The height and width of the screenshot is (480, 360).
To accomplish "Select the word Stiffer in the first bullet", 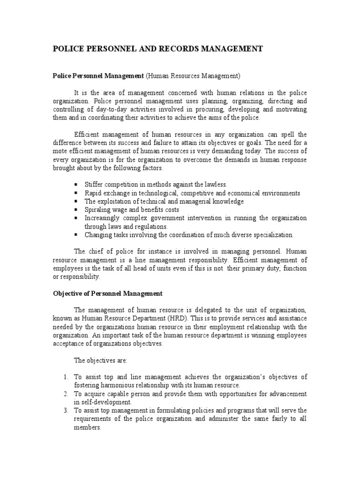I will [x=95, y=185].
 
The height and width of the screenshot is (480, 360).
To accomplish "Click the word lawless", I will [x=214, y=185].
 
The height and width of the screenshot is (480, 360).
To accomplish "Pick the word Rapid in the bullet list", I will [x=93, y=193].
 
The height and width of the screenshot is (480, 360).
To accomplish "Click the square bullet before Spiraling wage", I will [x=76, y=210].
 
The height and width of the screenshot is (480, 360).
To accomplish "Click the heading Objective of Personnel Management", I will [x=107, y=293].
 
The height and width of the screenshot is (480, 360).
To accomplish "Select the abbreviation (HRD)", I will [x=162, y=318].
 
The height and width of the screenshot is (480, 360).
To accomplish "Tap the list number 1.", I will [x=66, y=377].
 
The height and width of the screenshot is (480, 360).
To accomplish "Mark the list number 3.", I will [x=66, y=411].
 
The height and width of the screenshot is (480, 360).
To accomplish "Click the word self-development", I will [x=108, y=402].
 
